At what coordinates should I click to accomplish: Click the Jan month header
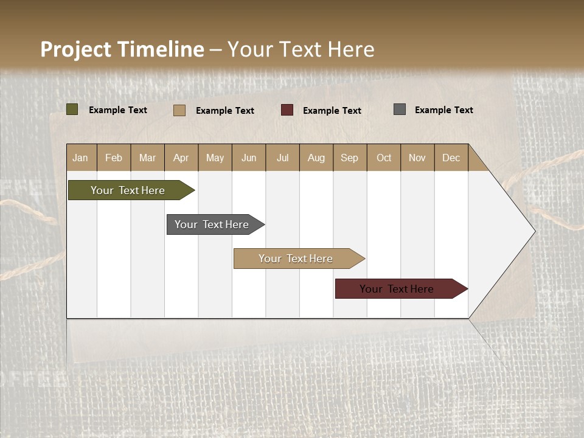[x=81, y=158]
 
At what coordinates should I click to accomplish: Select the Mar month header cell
[x=147, y=158]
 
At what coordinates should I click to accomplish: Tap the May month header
[x=215, y=158]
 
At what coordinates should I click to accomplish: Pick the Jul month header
[x=282, y=158]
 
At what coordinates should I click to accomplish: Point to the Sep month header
[x=350, y=158]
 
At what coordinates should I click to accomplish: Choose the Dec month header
[x=451, y=158]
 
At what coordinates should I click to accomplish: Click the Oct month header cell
[x=384, y=158]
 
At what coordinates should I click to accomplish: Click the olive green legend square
[x=72, y=109]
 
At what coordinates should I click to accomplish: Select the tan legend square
[x=179, y=110]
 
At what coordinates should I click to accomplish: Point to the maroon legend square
[x=287, y=110]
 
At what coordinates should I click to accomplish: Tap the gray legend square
[x=400, y=109]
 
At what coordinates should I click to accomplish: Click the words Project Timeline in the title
[x=122, y=49]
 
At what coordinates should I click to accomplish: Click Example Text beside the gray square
[x=443, y=110]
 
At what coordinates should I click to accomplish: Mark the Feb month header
[x=114, y=158]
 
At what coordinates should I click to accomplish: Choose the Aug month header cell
[x=316, y=158]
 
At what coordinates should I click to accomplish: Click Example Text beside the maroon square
[x=332, y=111]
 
